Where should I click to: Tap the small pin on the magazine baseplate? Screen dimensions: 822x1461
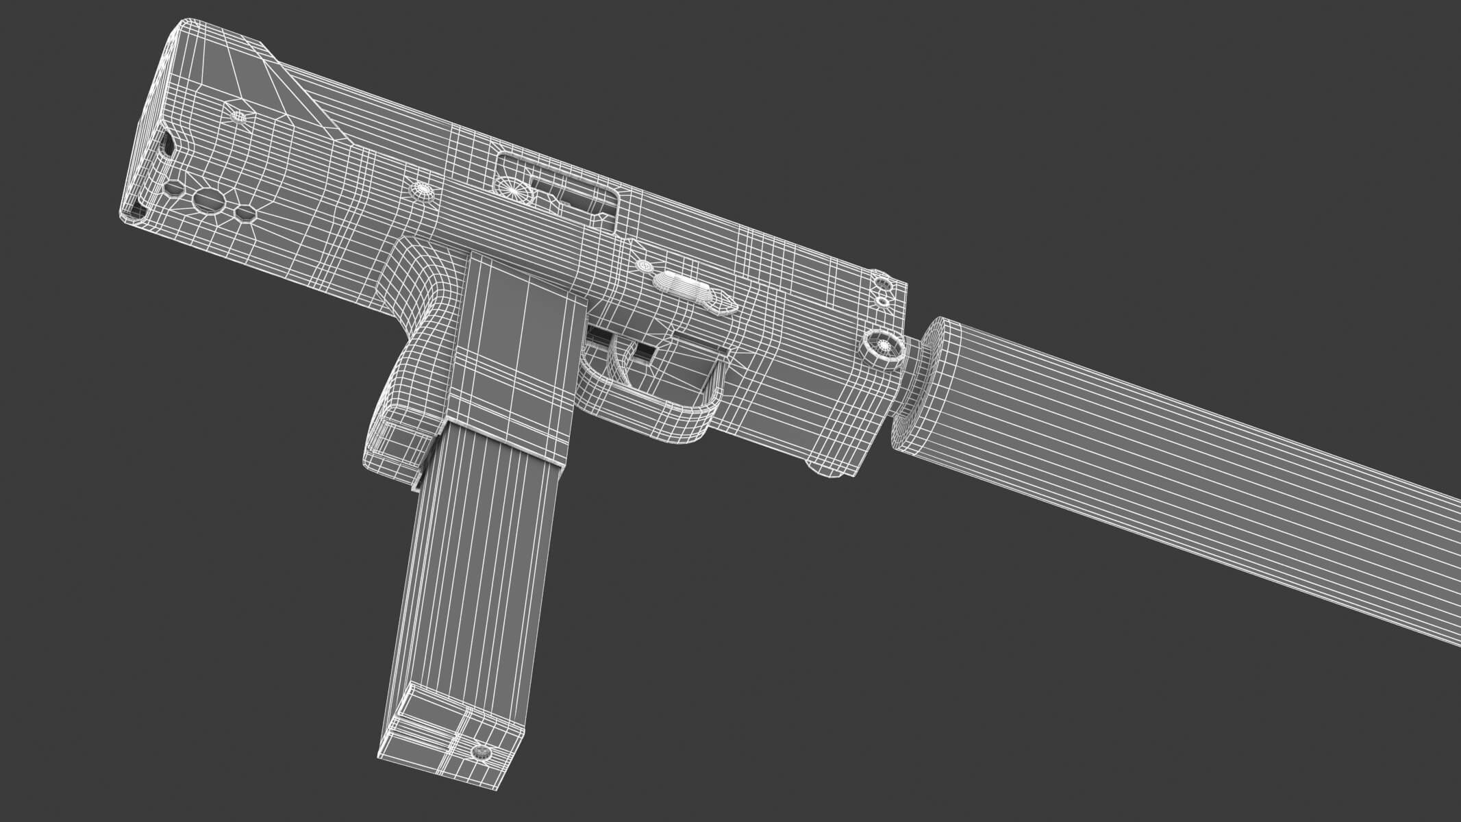pyautogui.click(x=482, y=754)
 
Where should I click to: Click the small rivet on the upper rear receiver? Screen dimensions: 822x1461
pyautogui.click(x=239, y=116)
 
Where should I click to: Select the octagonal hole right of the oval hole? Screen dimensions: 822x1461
pyautogui.click(x=244, y=214)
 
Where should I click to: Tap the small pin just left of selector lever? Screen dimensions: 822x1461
pyautogui.click(x=644, y=264)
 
